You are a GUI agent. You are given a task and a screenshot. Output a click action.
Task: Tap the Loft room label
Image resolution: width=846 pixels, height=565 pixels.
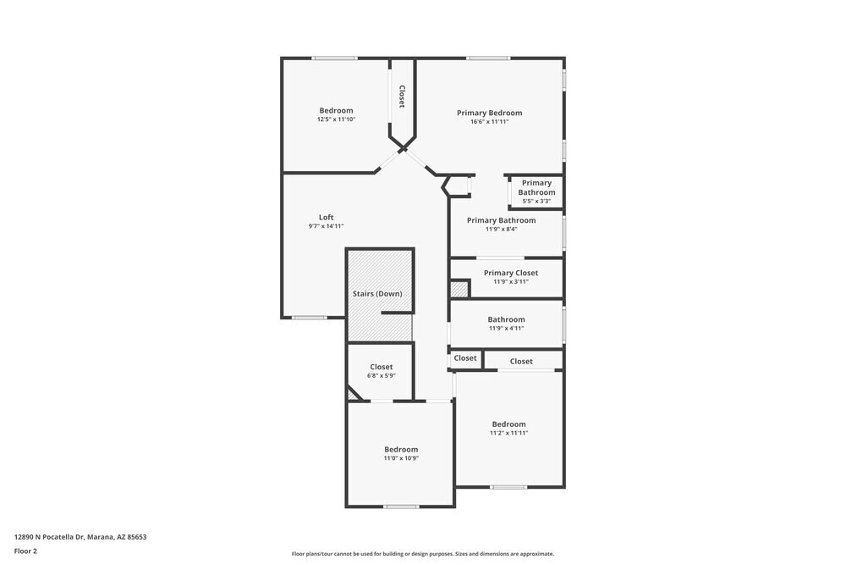(326, 217)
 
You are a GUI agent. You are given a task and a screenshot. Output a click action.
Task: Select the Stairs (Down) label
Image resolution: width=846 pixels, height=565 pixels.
(377, 294)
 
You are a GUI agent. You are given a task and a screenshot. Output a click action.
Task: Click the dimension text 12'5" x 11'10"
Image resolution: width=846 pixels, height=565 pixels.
(336, 119)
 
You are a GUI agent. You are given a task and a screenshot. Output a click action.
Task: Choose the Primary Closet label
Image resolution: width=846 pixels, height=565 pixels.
(510, 273)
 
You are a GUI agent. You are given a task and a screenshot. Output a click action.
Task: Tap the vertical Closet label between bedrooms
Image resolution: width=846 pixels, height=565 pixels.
(402, 96)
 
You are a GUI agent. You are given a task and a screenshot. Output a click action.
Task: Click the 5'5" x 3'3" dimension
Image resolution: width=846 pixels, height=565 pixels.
(536, 202)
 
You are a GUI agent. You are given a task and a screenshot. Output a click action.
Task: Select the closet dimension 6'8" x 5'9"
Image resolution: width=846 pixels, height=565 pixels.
(381, 376)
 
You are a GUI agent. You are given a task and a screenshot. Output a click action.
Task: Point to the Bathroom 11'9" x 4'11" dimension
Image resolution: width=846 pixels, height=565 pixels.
(506, 329)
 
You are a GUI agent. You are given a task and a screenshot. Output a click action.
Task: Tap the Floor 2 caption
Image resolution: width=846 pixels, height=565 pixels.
(25, 551)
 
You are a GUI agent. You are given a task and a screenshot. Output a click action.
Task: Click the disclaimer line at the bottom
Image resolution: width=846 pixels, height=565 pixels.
(423, 554)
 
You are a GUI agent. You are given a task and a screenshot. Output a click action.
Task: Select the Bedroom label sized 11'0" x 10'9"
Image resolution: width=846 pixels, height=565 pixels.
(401, 449)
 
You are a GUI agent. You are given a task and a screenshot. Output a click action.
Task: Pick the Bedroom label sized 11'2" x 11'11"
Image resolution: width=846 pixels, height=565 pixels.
(508, 424)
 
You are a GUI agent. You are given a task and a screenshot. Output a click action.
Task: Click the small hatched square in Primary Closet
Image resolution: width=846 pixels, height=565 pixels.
(459, 289)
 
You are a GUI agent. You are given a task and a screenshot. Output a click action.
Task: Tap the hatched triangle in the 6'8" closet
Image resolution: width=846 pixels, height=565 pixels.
(353, 394)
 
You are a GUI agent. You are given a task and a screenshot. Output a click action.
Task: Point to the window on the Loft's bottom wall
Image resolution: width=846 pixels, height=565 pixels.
(310, 318)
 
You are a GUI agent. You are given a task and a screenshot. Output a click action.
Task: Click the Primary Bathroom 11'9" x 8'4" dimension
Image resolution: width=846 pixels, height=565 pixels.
(501, 230)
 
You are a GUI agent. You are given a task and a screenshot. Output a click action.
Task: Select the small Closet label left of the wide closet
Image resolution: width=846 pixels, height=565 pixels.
(465, 358)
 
